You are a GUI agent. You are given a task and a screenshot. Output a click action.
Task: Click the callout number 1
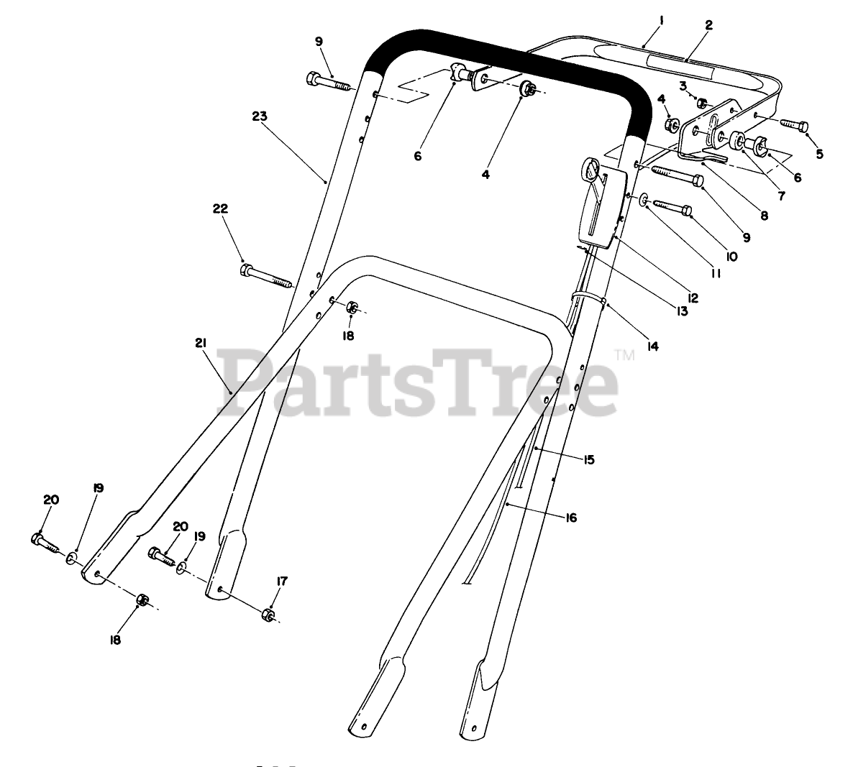tap(660, 22)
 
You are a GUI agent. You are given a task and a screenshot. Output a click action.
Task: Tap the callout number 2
tap(708, 24)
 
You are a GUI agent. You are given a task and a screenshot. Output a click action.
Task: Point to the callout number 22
tap(220, 209)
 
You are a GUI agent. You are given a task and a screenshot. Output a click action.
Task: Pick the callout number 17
tap(282, 582)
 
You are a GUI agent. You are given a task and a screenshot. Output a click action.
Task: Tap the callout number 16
tap(570, 517)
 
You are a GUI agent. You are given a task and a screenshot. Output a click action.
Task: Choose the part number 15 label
tap(589, 459)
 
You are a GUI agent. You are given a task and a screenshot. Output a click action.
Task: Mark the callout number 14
tap(652, 346)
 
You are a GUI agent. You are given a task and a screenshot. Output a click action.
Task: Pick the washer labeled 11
tap(642, 198)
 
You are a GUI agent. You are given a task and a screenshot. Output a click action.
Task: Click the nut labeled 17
tap(267, 614)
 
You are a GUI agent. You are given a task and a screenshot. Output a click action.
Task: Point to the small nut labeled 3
tap(703, 103)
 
